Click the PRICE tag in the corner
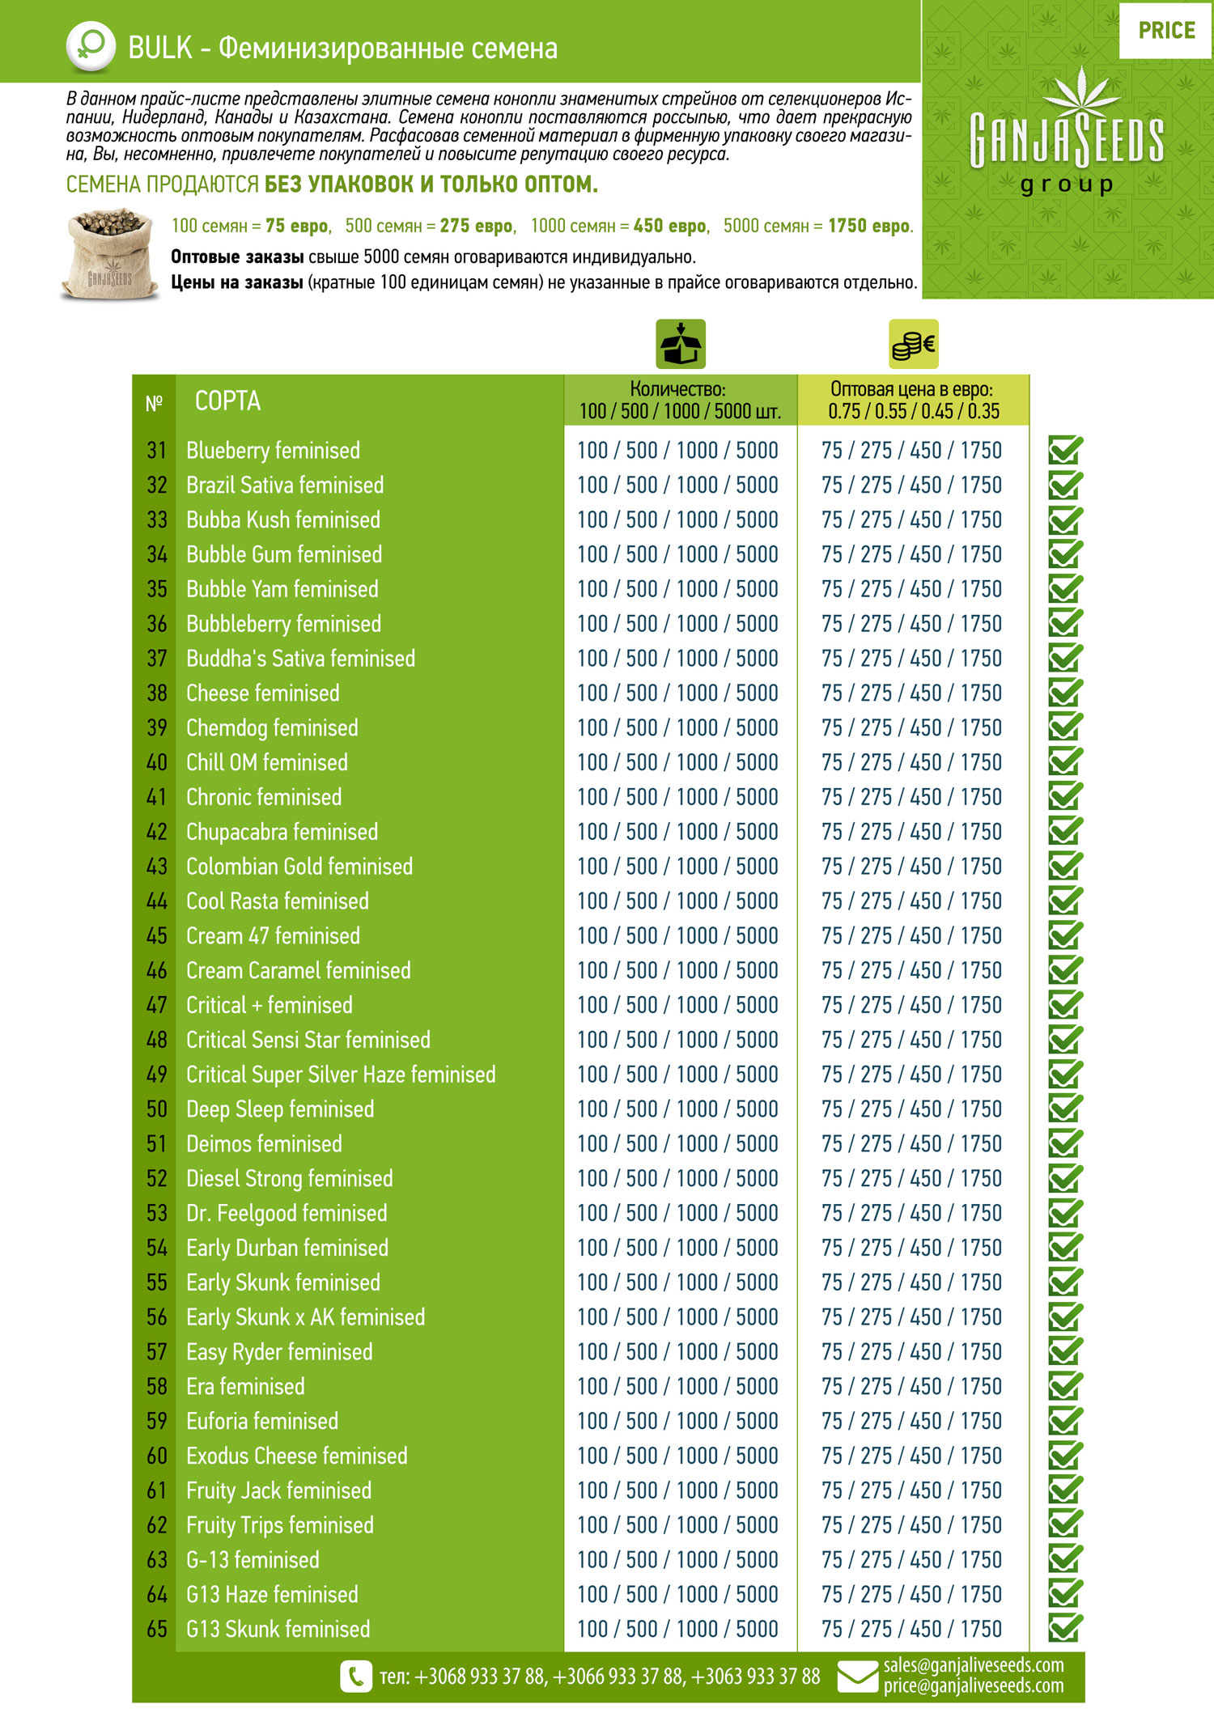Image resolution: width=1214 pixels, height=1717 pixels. [1165, 31]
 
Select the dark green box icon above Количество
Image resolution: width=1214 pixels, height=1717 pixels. [681, 345]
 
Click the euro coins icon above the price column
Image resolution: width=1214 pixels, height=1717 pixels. [914, 345]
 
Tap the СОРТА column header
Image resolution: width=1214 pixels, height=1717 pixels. [227, 401]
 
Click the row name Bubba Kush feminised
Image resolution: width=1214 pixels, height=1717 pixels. [282, 519]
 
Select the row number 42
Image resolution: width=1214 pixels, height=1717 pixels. [156, 832]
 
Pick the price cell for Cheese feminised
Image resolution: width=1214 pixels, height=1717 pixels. [911, 693]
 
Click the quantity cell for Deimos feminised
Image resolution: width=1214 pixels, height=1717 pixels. [677, 1144]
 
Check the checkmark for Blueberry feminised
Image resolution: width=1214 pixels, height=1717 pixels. [1065, 450]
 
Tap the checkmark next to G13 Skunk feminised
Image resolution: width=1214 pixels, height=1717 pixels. [1065, 1628]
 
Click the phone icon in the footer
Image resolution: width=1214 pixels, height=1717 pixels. [355, 1677]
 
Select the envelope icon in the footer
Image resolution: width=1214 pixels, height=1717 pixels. [857, 1677]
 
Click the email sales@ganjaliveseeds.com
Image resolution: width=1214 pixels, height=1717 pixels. [973, 1665]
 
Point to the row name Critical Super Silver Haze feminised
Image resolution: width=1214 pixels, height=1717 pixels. [341, 1075]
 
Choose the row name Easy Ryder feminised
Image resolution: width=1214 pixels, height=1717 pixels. [279, 1352]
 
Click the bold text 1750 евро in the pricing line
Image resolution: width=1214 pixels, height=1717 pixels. [870, 226]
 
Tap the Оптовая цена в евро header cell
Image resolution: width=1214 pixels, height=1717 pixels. [913, 401]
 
